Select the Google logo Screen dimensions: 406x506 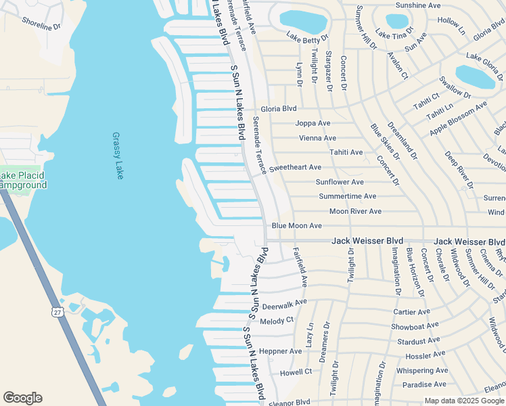[22, 398]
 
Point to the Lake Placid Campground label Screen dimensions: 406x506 [22, 181]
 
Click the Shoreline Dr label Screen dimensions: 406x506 [42, 25]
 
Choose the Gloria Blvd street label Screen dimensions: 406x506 [279, 108]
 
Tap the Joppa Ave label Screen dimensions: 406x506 [313, 123]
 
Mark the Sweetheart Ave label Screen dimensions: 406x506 [295, 167]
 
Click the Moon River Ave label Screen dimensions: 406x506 [355, 212]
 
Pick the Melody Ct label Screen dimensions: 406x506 [277, 321]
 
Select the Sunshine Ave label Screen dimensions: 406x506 [418, 5]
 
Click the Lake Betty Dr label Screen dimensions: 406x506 [307, 37]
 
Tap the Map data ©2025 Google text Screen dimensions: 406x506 [463, 401]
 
